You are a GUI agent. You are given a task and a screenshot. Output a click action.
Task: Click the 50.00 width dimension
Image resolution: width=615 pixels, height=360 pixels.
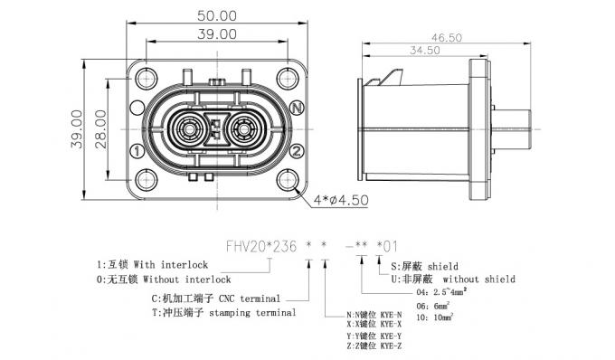pyautogui.click(x=217, y=16)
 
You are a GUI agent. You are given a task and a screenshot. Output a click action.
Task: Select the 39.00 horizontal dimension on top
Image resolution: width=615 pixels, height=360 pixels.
pyautogui.click(x=217, y=34)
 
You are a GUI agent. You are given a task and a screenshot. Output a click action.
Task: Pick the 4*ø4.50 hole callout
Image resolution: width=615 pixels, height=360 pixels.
pyautogui.click(x=341, y=200)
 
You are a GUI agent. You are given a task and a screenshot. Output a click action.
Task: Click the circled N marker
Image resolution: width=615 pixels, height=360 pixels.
pyautogui.click(x=298, y=108)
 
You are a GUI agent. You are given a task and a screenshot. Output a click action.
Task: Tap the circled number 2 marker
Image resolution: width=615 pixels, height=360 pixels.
pyautogui.click(x=297, y=150)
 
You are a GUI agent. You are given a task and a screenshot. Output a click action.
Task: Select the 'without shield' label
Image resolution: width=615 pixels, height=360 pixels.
pyautogui.click(x=478, y=279)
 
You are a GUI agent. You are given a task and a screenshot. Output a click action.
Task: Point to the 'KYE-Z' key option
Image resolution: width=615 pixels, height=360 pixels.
pyautogui.click(x=371, y=347)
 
